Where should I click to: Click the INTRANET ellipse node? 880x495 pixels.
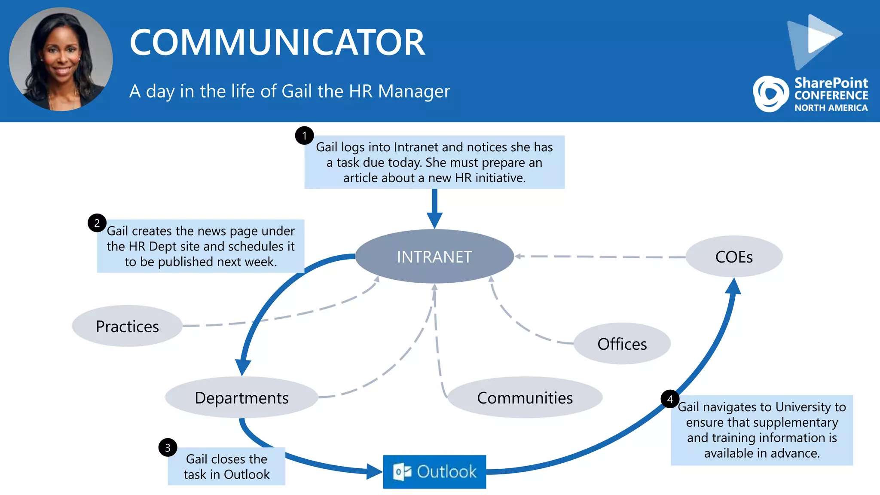(434, 257)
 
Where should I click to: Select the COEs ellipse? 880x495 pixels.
(734, 257)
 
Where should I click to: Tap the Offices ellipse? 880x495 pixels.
(622, 344)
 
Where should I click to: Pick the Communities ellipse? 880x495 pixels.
(525, 397)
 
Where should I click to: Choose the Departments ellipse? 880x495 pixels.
(241, 397)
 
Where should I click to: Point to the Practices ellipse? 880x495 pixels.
(127, 326)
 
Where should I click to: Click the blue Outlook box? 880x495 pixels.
(434, 472)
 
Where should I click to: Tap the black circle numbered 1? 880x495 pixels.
(304, 136)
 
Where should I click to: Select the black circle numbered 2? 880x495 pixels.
(97, 223)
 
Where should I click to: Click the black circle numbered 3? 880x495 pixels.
(168, 448)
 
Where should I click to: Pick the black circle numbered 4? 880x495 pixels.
(670, 399)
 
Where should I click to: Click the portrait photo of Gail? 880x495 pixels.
(61, 59)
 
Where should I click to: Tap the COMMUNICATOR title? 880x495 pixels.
(277, 42)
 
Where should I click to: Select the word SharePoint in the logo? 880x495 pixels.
(831, 82)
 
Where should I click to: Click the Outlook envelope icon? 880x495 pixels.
(402, 472)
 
